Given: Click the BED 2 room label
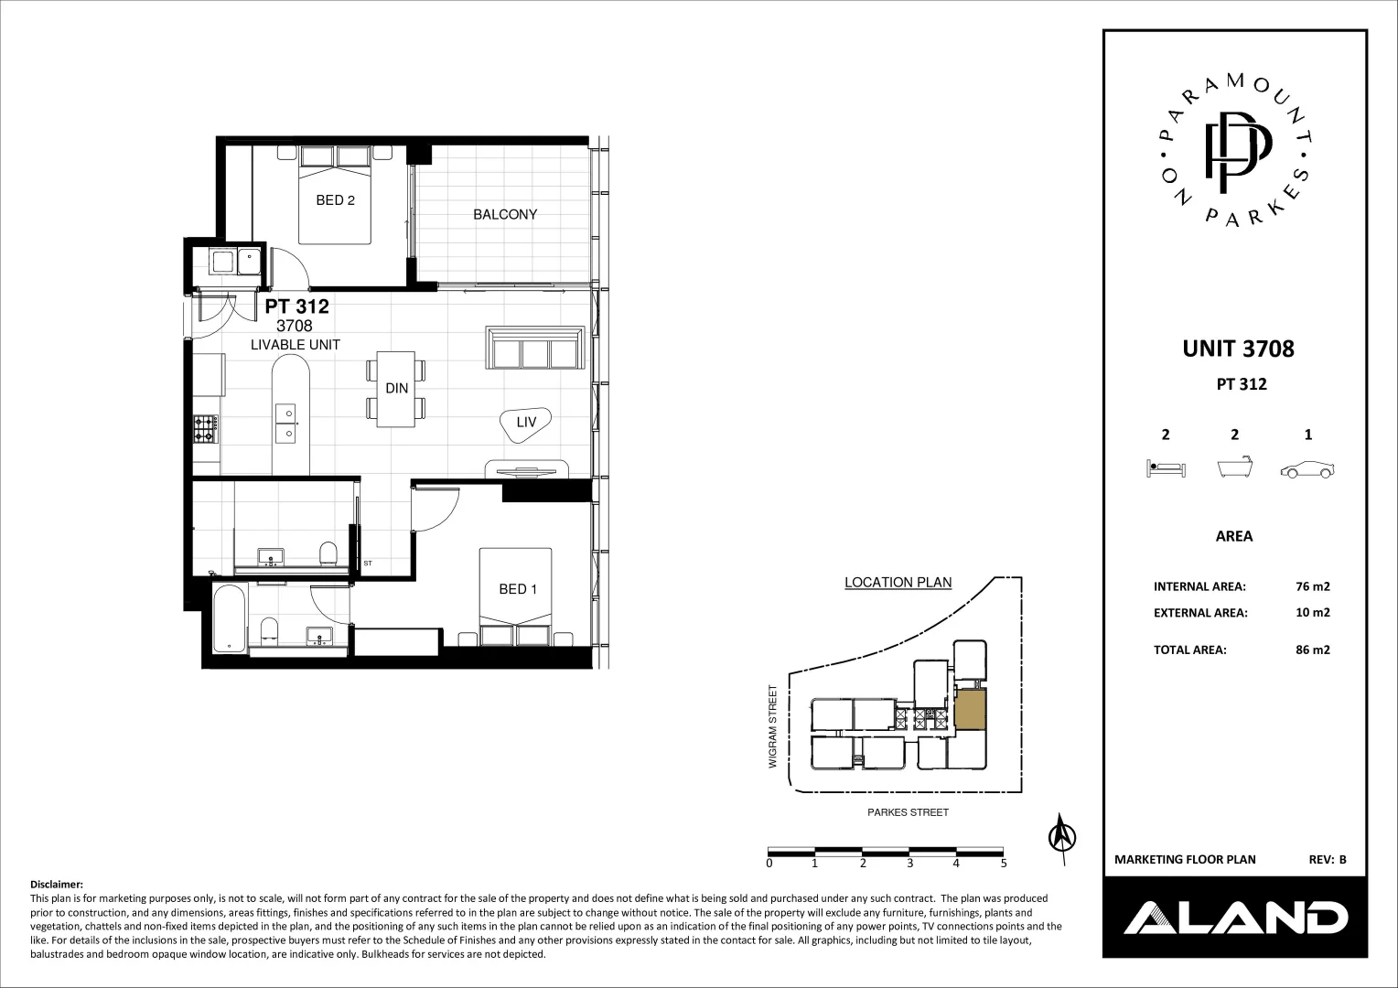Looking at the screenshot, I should [335, 200].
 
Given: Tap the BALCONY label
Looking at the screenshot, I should [505, 215].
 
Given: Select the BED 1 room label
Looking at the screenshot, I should [518, 589].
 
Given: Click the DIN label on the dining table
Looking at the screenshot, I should [396, 389].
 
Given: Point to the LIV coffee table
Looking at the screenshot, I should [526, 424].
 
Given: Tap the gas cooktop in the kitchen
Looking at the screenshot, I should [205, 428].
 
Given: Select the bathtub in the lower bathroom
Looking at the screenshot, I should [228, 619].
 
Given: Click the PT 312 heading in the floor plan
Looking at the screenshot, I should [296, 307].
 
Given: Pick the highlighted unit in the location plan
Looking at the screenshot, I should [971, 709].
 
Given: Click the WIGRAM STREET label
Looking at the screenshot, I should [773, 726].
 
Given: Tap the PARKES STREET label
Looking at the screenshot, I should [908, 812].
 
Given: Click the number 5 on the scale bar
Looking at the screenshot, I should [1004, 863].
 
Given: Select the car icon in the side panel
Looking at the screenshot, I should [1307, 470].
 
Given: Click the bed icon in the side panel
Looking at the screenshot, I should [1165, 470].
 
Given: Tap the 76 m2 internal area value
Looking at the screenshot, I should [1313, 586].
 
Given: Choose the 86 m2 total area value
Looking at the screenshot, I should [1313, 650].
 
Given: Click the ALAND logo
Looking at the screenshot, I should [1234, 917].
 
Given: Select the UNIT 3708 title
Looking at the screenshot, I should [1238, 349].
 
